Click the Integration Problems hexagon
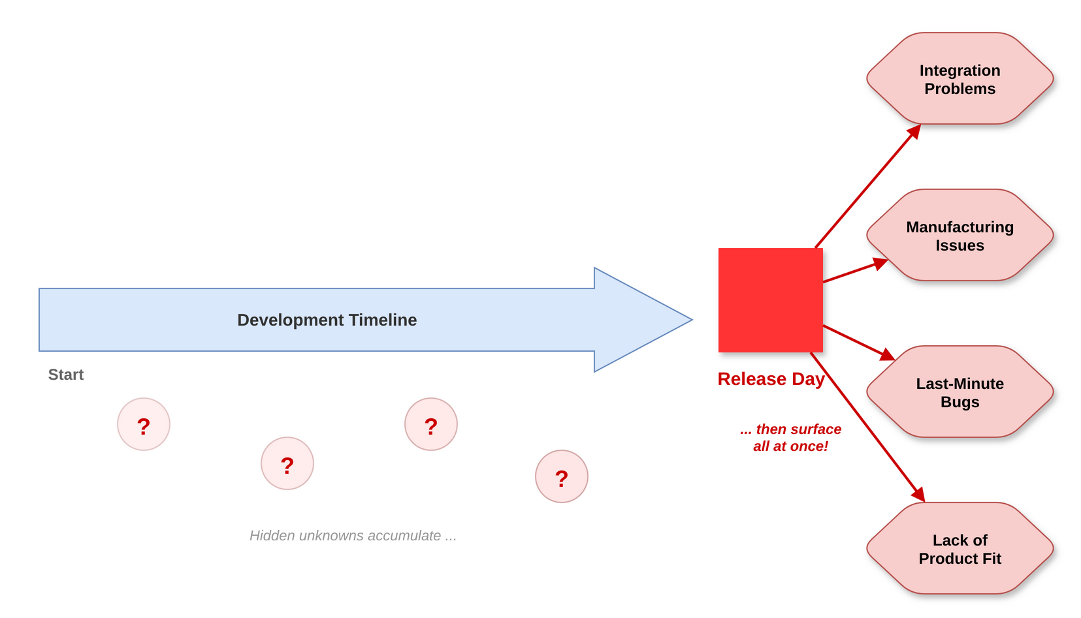(960, 78)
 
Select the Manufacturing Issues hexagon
(960, 235)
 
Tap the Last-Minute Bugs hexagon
(960, 392)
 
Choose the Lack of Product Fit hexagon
(960, 549)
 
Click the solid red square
(771, 300)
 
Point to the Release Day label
(771, 379)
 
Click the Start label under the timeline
(66, 375)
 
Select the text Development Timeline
(327, 320)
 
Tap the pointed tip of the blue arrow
(692, 320)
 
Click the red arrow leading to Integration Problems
(868, 186)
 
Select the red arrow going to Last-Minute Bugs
(859, 343)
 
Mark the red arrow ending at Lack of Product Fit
(867, 427)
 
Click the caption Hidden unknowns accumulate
(353, 536)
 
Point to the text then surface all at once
(790, 438)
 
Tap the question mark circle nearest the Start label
(144, 424)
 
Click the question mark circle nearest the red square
(562, 476)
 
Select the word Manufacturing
(960, 227)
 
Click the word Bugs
(960, 402)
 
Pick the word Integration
(960, 70)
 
